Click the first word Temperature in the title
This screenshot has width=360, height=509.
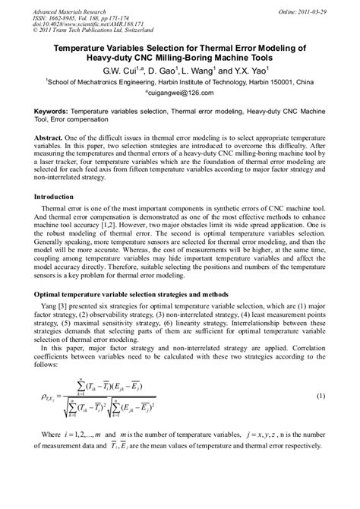coord(84,46)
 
